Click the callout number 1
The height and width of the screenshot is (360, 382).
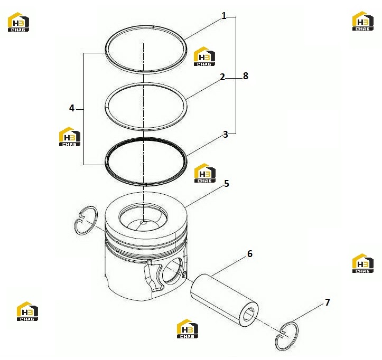point(224,16)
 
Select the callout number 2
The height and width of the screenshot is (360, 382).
point(222,77)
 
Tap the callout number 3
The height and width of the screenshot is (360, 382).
point(226,135)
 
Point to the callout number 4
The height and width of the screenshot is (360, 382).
point(72,108)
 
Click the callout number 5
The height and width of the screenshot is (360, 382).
point(227,184)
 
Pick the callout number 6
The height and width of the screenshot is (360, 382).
point(250,253)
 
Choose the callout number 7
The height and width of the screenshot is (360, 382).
point(328,302)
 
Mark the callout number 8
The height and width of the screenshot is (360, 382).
point(246,76)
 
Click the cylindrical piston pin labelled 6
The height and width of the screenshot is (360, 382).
point(225,300)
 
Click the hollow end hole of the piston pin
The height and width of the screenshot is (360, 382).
point(250,314)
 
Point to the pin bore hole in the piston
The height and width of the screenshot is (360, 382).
point(172,270)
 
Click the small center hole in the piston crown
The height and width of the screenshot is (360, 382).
point(144,222)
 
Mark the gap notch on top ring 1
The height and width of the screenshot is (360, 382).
point(153,27)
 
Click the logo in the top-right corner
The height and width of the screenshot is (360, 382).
point(363,21)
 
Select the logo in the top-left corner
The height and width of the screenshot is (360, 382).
point(18,22)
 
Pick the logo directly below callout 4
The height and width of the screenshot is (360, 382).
point(70,137)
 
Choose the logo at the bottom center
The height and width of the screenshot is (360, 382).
point(188,329)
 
